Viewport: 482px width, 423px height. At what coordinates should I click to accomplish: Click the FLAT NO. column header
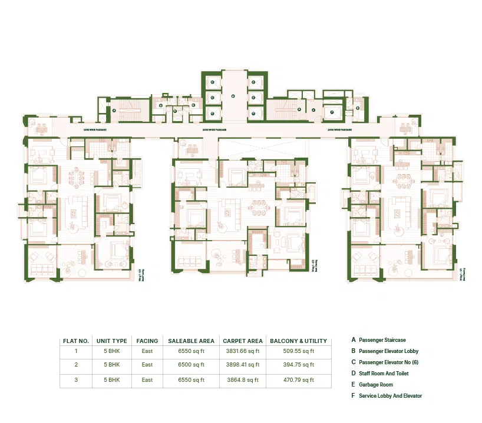click(x=75, y=341)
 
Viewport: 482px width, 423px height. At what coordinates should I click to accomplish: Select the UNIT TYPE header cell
click(x=112, y=341)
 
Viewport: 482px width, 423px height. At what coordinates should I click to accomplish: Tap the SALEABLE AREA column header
click(x=191, y=341)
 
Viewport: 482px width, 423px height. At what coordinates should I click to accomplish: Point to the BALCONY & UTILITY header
click(x=298, y=341)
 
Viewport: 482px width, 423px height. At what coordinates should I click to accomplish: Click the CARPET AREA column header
click(x=242, y=341)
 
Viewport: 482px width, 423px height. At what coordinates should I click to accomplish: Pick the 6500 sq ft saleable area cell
click(x=191, y=365)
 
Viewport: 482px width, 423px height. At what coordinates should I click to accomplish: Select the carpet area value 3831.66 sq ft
click(x=242, y=351)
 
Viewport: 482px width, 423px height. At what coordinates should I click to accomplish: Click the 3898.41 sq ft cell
click(x=242, y=365)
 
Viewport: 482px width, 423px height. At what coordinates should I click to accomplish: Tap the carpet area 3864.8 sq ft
click(x=242, y=380)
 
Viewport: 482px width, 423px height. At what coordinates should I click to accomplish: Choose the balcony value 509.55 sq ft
click(x=298, y=351)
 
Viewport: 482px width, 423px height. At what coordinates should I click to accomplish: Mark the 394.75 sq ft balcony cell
click(x=298, y=365)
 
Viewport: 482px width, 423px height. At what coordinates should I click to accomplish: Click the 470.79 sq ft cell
click(x=298, y=380)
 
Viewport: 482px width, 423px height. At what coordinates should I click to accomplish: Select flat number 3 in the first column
click(x=75, y=380)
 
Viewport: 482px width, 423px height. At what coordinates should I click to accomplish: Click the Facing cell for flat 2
click(x=147, y=365)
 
